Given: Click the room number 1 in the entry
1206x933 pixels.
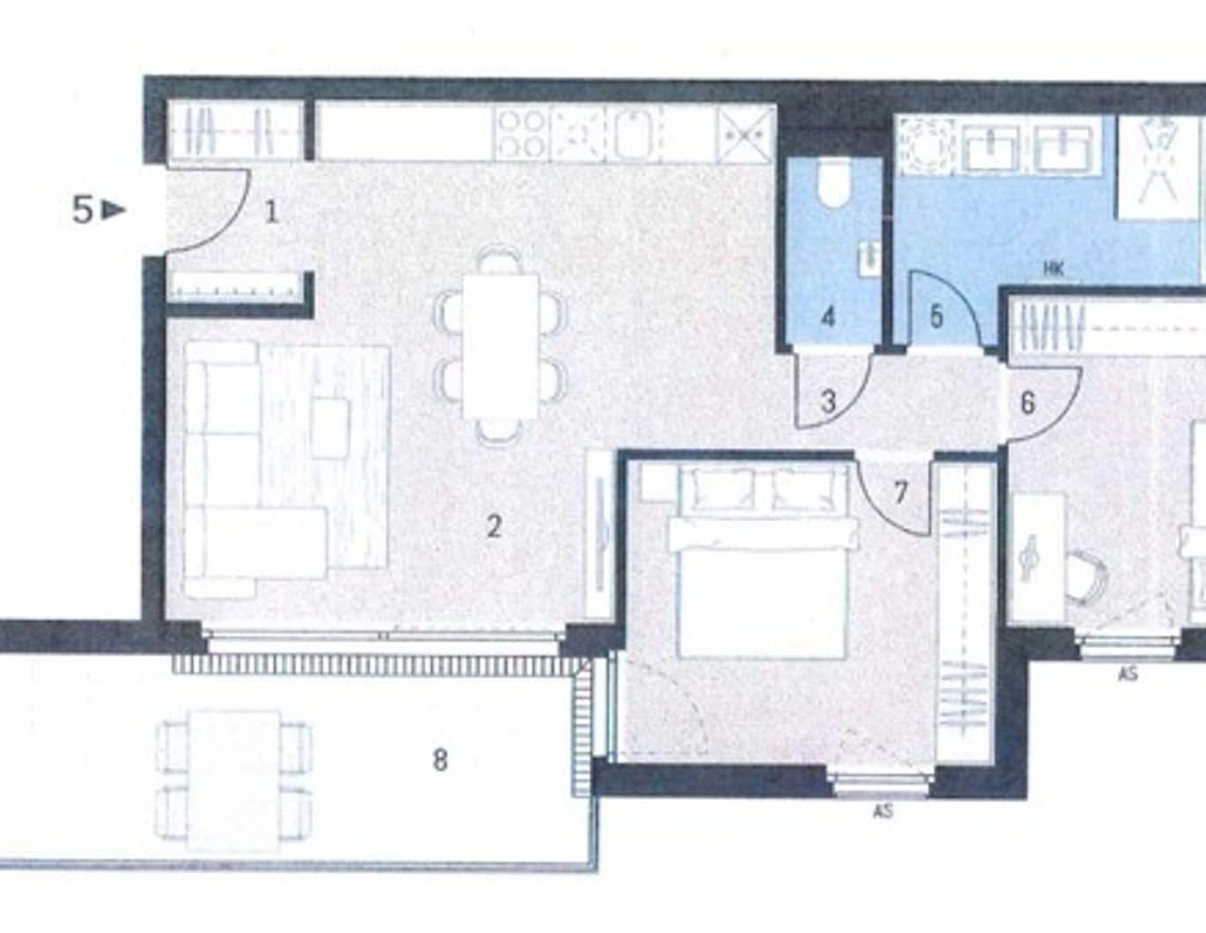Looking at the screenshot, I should coord(272,212).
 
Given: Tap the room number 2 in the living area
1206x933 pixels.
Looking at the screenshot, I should coord(494,526).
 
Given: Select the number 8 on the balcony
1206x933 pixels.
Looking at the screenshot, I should coord(440,759).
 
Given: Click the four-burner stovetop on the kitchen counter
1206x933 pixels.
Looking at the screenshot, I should coord(521,134).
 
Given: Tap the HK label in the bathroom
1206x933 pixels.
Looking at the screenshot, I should coord(1054,268).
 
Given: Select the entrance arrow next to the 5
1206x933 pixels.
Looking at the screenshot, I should coord(114,210).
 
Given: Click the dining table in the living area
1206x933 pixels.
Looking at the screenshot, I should coord(500,345).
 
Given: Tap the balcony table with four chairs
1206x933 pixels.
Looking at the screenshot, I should coord(234,779).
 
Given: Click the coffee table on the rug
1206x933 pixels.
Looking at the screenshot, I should coord(330,428).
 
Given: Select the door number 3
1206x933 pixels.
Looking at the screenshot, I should coord(828,402).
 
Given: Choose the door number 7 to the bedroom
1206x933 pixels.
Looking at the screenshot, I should coord(900,492).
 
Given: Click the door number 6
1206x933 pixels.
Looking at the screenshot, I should coord(1027,403).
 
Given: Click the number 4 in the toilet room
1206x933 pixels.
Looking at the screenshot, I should coord(827,316).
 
